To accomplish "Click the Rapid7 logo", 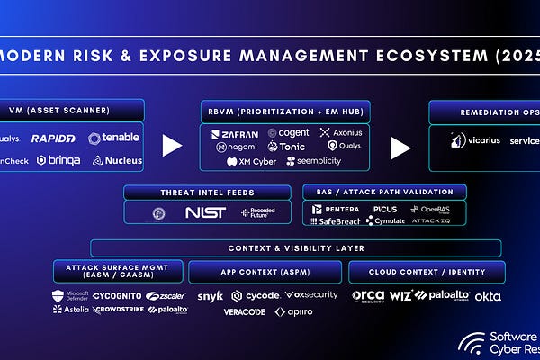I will pyautogui.click(x=54, y=139).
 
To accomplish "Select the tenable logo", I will pyautogui.click(x=114, y=139).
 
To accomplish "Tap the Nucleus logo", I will pyautogui.click(x=117, y=161).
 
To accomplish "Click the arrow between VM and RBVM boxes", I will pyautogui.click(x=171, y=144).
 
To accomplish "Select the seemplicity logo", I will pyautogui.click(x=314, y=161).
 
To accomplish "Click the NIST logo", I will pyautogui.click(x=205, y=212).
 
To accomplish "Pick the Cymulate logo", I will pyautogui.click(x=384, y=220).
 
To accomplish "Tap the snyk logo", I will pyautogui.click(x=210, y=295).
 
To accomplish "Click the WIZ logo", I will pyautogui.click(x=401, y=295).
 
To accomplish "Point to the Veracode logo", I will pyautogui.click(x=244, y=311).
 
